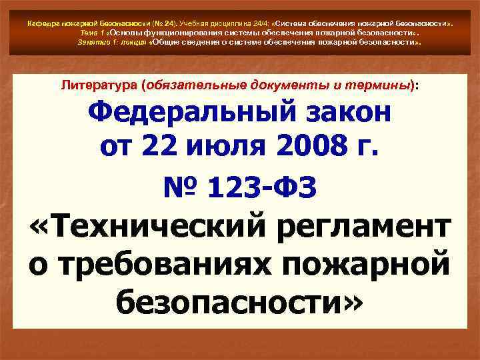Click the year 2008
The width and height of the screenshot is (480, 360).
tap(305, 146)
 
